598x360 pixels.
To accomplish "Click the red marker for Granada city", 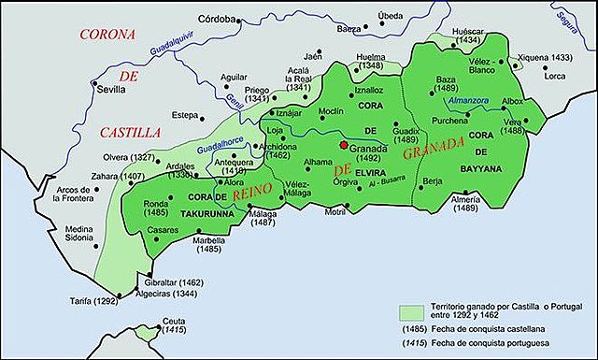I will click(345, 146).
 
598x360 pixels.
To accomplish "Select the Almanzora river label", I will click(469, 102).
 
